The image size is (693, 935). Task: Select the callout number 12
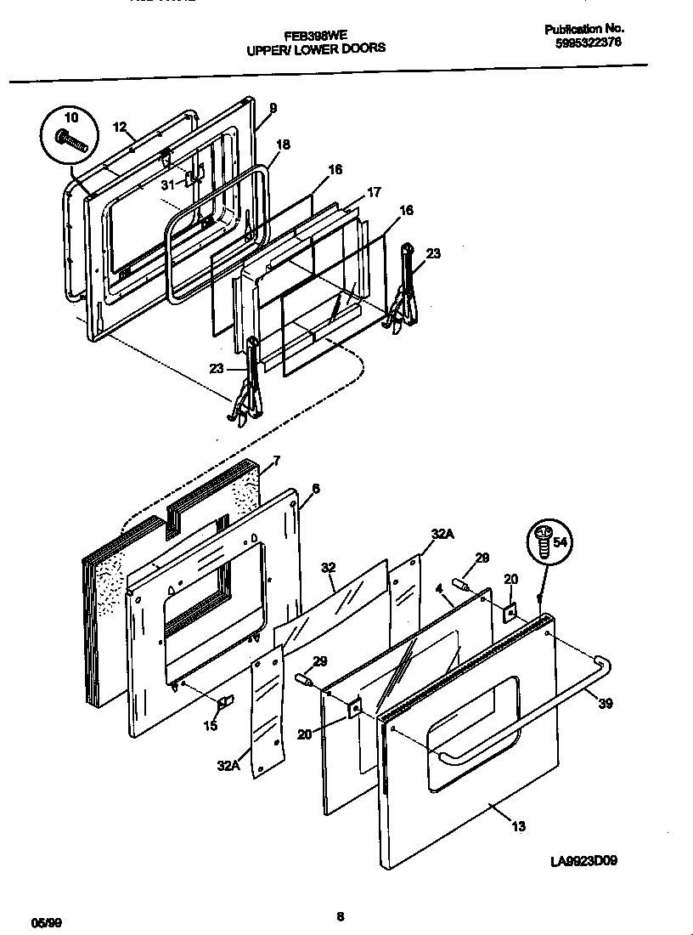point(120,127)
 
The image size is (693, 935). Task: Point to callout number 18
point(283,144)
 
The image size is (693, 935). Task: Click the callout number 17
point(375,193)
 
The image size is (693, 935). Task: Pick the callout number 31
point(167,184)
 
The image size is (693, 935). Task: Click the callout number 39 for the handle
point(604,704)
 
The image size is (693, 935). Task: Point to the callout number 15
point(209,725)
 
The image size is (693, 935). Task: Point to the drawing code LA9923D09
point(583,860)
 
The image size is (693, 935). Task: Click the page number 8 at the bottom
point(340,915)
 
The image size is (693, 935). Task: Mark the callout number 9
point(273,108)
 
